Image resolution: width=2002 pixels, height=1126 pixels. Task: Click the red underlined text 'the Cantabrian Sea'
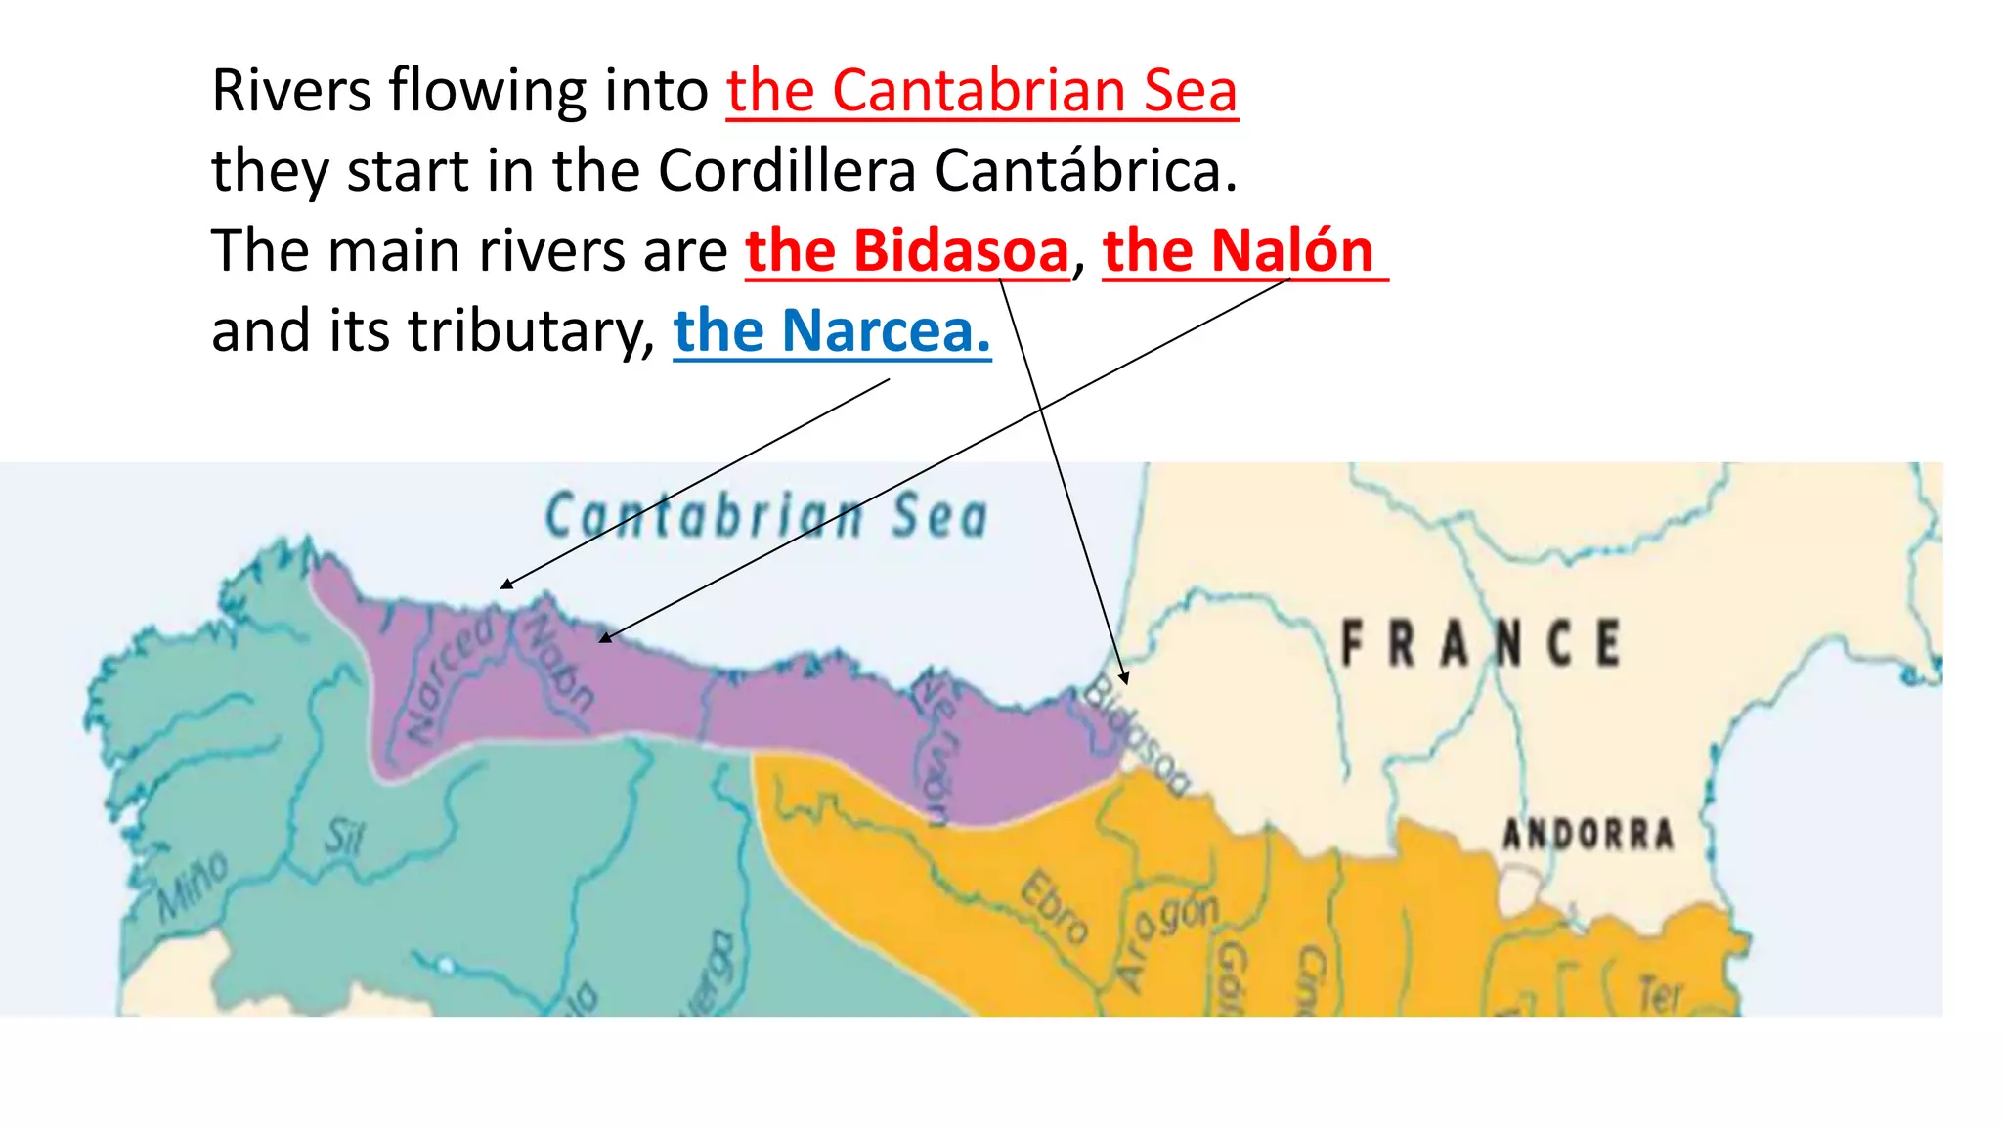tap(981, 91)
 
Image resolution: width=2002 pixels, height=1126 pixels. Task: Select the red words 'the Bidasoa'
tap(907, 251)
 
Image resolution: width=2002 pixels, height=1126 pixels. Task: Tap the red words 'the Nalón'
tap(1240, 251)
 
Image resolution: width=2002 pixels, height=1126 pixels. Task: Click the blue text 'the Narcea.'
tap(832, 331)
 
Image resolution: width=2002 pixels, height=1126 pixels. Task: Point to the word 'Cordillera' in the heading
tap(787, 171)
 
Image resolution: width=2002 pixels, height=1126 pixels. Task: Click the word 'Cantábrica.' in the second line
tap(1085, 171)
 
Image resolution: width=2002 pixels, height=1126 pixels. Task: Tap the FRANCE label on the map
tap(1480, 643)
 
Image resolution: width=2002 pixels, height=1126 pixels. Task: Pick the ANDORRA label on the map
tap(1588, 834)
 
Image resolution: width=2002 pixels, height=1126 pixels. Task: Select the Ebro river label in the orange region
tap(1054, 907)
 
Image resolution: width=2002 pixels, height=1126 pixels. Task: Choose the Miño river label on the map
tap(194, 886)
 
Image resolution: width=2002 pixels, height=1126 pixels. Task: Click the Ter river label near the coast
tap(1659, 995)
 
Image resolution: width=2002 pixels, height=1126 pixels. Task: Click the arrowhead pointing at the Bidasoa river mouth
tap(1125, 677)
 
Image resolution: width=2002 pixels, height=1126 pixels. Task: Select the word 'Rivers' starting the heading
tap(291, 91)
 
